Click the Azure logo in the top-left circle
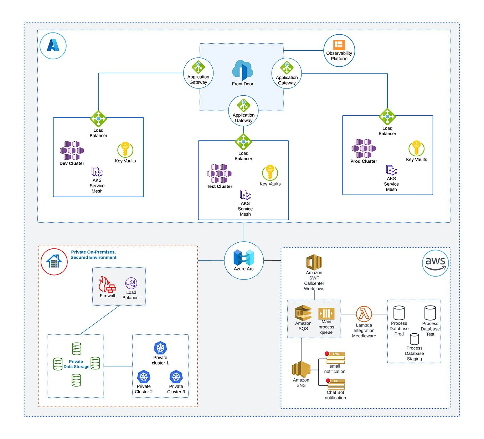point(53,46)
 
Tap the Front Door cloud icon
point(242,70)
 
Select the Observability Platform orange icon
point(339,45)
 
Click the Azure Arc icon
point(244,258)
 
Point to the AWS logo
point(435,263)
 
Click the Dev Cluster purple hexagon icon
point(72,151)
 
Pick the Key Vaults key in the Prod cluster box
point(416,148)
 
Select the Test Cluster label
point(220,187)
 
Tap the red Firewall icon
point(107,284)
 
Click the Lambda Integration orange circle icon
point(364,314)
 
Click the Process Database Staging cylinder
point(414,339)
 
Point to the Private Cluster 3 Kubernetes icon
point(176,377)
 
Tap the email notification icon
point(335,358)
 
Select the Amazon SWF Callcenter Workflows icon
point(314,262)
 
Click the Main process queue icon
point(326,313)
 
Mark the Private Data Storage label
point(76,364)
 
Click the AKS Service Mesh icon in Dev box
point(97,172)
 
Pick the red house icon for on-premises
point(54,262)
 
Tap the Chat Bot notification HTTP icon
point(336,384)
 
